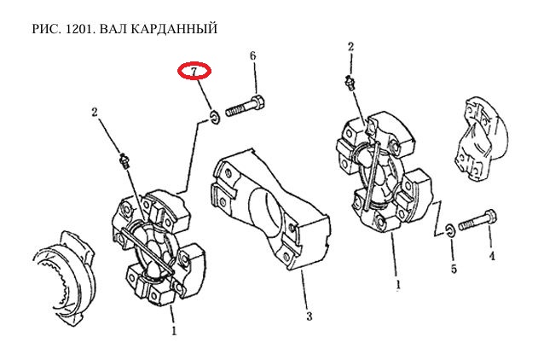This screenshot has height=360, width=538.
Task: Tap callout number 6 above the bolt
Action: pyautogui.click(x=252, y=56)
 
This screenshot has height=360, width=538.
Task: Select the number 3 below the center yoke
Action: pyautogui.click(x=309, y=316)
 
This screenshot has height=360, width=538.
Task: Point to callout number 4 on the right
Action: pyautogui.click(x=491, y=255)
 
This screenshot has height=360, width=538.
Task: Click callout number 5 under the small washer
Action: pyautogui.click(x=454, y=270)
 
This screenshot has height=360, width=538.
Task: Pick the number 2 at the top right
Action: pyautogui.click(x=350, y=46)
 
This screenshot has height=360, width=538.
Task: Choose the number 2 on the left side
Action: pyautogui.click(x=95, y=112)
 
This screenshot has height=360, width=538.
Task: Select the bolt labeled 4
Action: pyautogui.click(x=477, y=224)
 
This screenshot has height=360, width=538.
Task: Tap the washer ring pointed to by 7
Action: pyautogui.click(x=214, y=115)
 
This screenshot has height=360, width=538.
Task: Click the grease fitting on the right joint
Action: pyautogui.click(x=349, y=83)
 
